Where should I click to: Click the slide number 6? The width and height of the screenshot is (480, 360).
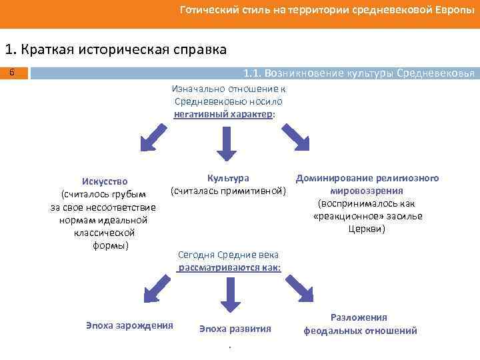point(13,71)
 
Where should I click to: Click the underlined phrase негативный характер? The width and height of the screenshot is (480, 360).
point(223,114)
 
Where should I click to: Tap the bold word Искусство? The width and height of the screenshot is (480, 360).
point(105,181)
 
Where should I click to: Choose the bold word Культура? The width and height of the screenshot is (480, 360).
point(228,178)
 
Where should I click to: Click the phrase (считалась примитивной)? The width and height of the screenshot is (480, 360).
point(228,191)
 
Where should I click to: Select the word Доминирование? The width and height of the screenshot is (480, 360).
point(335,178)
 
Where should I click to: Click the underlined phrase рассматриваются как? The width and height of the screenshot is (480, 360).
point(229,267)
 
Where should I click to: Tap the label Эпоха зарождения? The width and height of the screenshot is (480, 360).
point(130,325)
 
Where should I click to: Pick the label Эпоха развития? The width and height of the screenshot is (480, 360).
point(235,329)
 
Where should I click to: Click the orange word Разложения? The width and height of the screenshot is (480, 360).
point(359,317)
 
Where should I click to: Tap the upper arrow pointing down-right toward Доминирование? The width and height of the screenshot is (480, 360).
point(295,138)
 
